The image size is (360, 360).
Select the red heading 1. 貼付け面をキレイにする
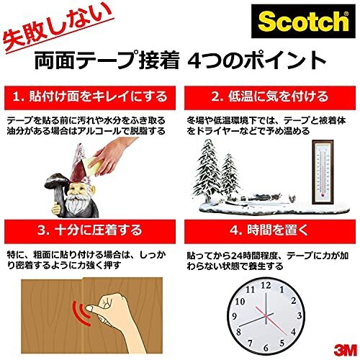90,96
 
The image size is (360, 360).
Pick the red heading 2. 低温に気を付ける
270,96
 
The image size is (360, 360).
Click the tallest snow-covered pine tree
215,162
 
